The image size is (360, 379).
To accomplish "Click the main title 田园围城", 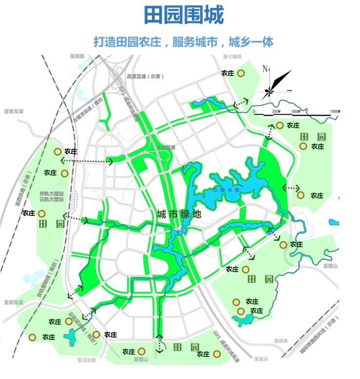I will point(183,15).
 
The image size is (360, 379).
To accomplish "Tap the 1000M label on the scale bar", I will point(335,111).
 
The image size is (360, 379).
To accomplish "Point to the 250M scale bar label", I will point(275,111).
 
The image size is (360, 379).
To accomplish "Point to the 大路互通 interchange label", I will point(165,147).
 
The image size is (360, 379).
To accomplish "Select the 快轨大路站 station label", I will point(52,193).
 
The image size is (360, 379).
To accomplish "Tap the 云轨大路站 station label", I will point(52,199).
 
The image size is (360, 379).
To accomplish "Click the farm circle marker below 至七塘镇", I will point(241,73).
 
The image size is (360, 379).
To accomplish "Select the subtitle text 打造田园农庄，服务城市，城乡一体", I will point(183,41).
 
